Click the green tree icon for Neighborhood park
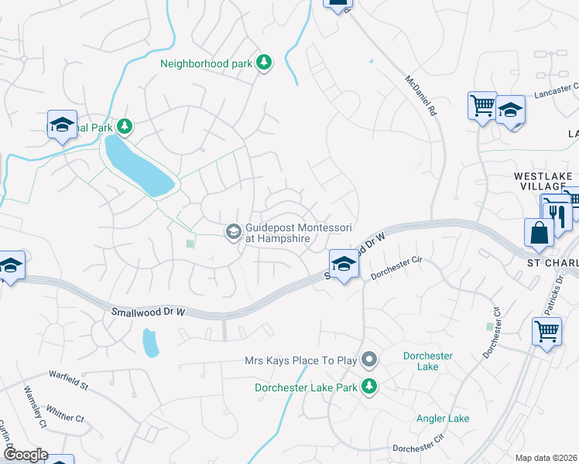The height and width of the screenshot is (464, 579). pyautogui.click(x=264, y=63)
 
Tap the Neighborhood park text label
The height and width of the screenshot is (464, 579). pyautogui.click(x=207, y=63)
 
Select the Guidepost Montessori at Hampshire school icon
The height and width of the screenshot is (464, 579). pyautogui.click(x=232, y=232)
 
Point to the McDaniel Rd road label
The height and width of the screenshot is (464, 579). pyautogui.click(x=422, y=95)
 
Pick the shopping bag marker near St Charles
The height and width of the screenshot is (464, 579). pyautogui.click(x=539, y=233)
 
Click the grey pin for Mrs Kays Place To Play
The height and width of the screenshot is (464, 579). pyautogui.click(x=370, y=360)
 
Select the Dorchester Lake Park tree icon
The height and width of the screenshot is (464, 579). pyautogui.click(x=370, y=387)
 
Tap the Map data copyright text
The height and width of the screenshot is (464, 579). pyautogui.click(x=546, y=458)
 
